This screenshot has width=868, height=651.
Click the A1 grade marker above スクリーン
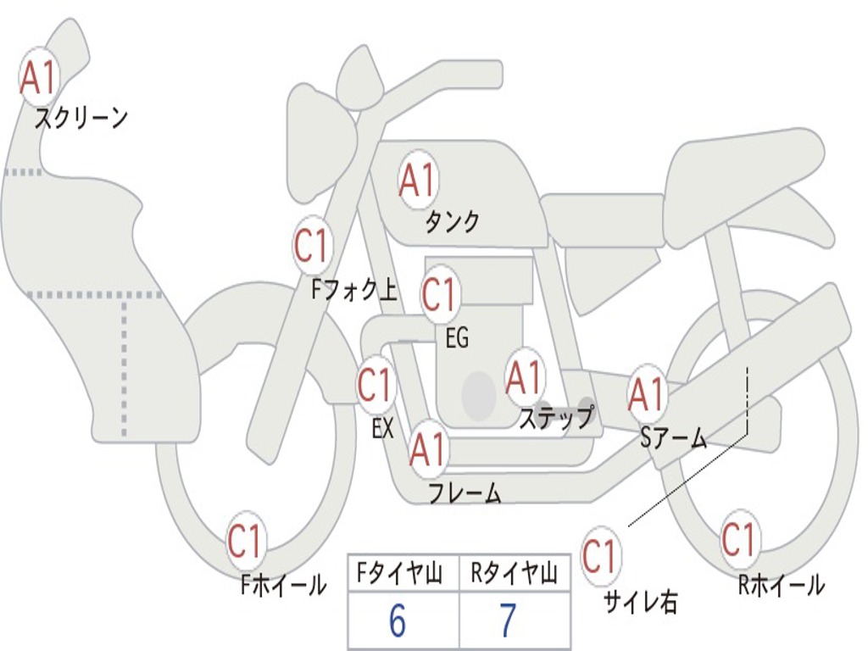(x=38, y=78)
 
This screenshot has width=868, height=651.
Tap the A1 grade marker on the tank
(x=418, y=180)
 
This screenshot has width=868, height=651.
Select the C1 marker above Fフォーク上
(x=312, y=247)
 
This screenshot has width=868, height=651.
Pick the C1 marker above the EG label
(x=440, y=295)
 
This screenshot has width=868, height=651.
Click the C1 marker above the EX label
(x=376, y=386)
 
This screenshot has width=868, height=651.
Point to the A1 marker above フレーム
(x=428, y=449)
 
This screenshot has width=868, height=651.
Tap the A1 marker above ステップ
(x=525, y=377)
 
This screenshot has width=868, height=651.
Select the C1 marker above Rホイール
(x=739, y=539)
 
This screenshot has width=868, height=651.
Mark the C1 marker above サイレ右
(x=600, y=557)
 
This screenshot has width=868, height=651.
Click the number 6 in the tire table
(x=398, y=621)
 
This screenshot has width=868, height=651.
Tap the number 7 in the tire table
(x=508, y=621)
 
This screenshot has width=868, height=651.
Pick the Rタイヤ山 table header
(x=514, y=576)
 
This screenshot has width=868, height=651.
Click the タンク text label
(x=452, y=222)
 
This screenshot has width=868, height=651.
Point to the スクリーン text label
(x=81, y=118)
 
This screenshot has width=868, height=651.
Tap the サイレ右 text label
(x=641, y=602)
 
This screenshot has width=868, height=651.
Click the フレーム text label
(x=465, y=493)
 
